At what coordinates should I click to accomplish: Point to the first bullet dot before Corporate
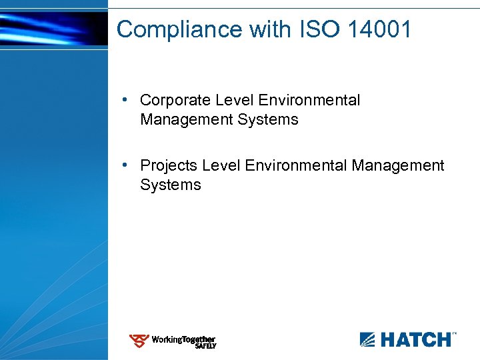tap(125, 100)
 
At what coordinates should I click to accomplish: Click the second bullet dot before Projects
tap(125, 165)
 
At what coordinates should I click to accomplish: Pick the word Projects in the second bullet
tap(169, 165)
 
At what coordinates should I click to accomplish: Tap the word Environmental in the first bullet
tap(309, 101)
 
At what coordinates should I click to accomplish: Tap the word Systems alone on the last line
tap(170, 185)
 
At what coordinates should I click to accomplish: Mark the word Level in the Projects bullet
tap(221, 165)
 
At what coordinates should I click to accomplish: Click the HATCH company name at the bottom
tap(415, 340)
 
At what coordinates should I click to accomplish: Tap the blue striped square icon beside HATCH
tap(368, 340)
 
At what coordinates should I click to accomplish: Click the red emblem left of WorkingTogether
tap(139, 341)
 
